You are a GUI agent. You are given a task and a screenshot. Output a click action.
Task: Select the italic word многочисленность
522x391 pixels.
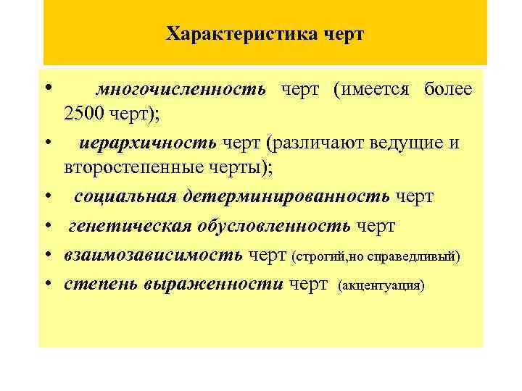pyautogui.click(x=181, y=90)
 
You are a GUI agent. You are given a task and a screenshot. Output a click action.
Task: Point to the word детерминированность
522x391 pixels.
pyautogui.click(x=286, y=196)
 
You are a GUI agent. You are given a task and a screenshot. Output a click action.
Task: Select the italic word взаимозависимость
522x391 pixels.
pyautogui.click(x=154, y=255)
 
